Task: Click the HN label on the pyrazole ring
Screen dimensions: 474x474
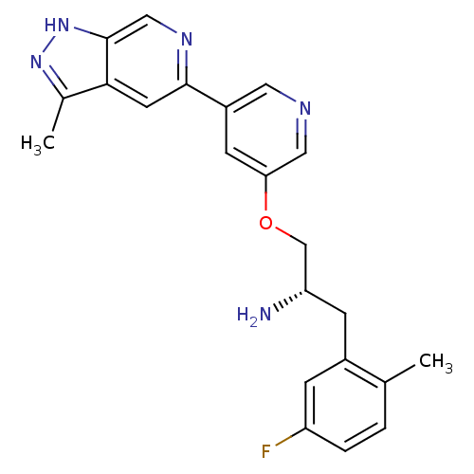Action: (57, 25)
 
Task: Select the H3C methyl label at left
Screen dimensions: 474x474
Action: (38, 144)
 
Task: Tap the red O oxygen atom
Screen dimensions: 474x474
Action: (265, 223)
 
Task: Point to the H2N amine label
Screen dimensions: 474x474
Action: (254, 315)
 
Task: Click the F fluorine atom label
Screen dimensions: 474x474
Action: (265, 451)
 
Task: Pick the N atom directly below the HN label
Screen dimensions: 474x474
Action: (36, 62)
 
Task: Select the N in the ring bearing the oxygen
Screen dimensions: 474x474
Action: (305, 108)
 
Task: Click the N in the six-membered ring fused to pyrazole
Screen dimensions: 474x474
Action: (187, 39)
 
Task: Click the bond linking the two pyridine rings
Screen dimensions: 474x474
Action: (207, 96)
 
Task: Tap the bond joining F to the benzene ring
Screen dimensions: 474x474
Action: (291, 437)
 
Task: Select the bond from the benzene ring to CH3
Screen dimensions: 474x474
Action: (400, 374)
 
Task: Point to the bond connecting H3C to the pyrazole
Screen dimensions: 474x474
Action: (58, 114)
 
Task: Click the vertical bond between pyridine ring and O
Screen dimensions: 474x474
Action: (265, 192)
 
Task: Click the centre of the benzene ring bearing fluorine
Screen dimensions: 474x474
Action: (345, 406)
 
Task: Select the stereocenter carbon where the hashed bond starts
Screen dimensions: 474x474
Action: (306, 290)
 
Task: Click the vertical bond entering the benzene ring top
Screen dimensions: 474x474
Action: (345, 337)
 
